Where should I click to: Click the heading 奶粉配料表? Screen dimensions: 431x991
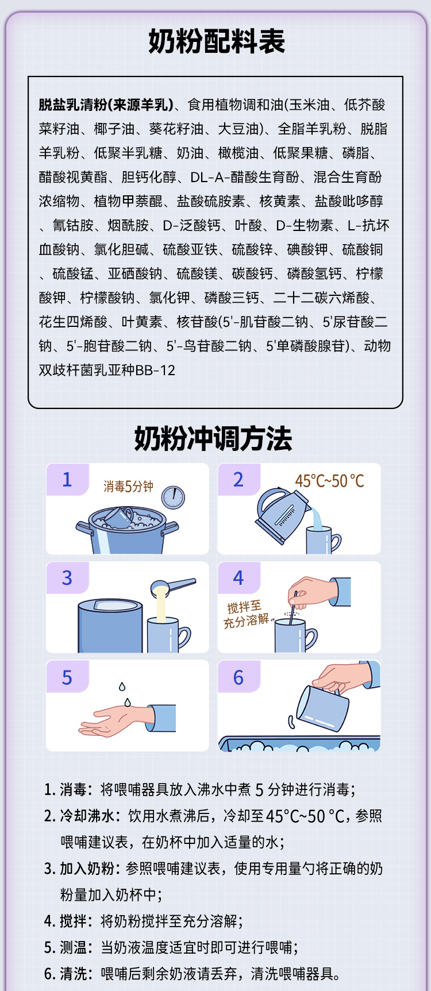pos(216,41)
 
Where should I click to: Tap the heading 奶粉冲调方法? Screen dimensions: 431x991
pos(213,439)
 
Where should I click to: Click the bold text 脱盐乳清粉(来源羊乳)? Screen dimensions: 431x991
pos(106,105)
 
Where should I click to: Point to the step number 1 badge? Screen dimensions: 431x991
pos(67,479)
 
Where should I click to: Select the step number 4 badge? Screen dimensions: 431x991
pos(238,577)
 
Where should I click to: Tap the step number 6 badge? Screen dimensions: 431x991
pos(238,677)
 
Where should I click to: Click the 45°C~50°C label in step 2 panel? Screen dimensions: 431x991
pos(329,481)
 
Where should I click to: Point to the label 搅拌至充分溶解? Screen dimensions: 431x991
pos(246,613)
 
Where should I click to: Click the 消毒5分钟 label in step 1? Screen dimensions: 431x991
pos(128,487)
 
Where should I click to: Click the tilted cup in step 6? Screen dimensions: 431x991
pos(322,708)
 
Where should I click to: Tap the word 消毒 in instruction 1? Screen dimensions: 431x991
pos(73,789)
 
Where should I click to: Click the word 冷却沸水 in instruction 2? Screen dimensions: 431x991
pos(87,816)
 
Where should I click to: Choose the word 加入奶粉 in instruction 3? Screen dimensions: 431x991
pos(87,868)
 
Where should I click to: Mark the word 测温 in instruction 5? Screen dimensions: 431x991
pos(73,947)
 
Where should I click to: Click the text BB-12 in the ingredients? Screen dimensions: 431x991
pos(155,370)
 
